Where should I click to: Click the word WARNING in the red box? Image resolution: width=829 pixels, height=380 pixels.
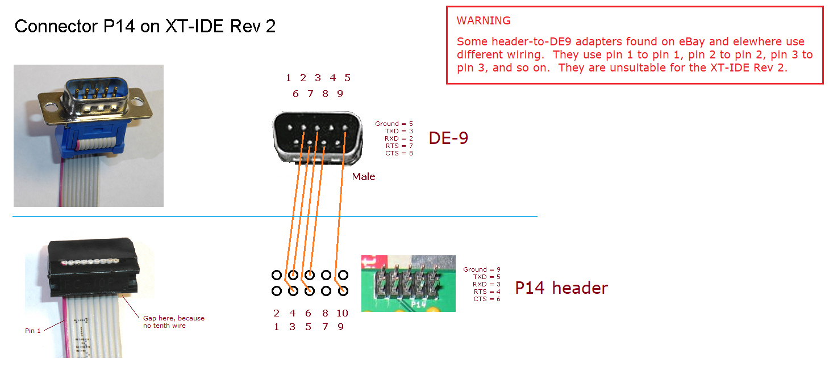pos(484,21)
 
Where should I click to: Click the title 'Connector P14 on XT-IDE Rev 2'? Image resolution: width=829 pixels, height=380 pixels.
pos(145,26)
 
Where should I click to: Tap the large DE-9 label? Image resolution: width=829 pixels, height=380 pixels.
pos(448,138)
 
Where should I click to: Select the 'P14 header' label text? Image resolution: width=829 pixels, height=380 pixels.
pos(561,288)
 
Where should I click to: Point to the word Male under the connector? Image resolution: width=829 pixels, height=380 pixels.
pos(364,176)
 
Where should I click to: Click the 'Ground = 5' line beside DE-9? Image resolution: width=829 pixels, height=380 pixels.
pos(394,124)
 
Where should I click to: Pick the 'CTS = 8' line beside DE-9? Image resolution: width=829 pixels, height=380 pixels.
pos(399,153)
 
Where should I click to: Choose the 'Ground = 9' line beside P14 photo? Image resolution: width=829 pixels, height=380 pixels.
pos(482,269)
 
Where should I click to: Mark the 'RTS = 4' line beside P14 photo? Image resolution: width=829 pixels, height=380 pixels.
pos(486,292)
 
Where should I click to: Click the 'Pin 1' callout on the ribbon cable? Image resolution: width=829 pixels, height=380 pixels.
pos(33,331)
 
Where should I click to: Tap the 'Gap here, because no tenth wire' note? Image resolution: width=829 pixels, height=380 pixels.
pos(173,322)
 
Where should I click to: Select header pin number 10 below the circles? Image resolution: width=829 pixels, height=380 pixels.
pos(342,313)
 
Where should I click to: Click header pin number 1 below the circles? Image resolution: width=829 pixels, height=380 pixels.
pos(277,327)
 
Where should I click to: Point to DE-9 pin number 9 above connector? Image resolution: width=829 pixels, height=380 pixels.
pos(340,94)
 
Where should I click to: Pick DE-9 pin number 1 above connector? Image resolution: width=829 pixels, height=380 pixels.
pos(289,78)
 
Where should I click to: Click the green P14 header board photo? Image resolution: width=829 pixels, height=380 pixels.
pos(408,283)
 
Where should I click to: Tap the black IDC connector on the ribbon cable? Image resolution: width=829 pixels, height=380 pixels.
pos(91,267)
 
